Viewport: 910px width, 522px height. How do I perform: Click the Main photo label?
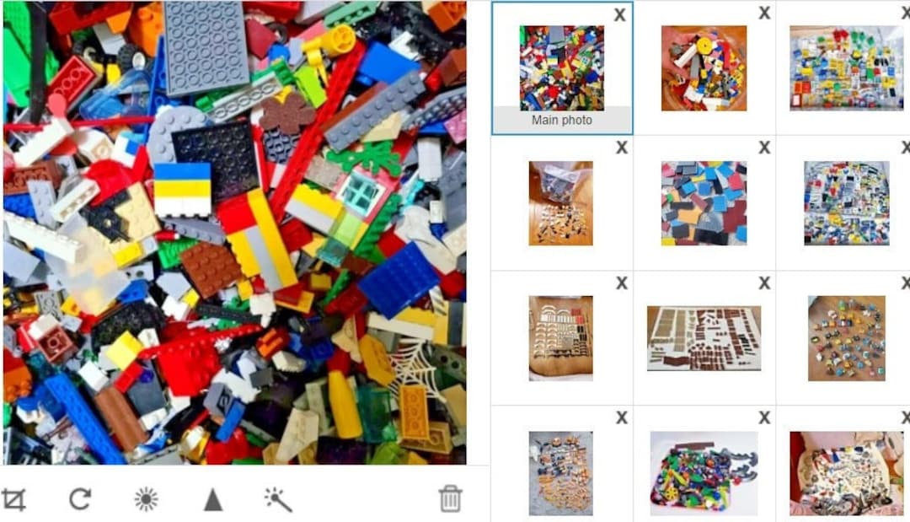click(x=562, y=120)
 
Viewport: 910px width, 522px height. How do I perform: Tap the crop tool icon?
click(x=13, y=499)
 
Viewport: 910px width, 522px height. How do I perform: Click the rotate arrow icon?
click(x=80, y=499)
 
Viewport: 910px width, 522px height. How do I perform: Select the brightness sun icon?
click(x=147, y=499)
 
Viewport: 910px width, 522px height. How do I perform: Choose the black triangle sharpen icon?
click(x=213, y=499)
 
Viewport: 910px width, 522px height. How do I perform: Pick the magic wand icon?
click(x=278, y=499)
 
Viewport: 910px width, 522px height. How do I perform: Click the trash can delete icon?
click(x=451, y=498)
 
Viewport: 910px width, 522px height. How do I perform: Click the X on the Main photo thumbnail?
click(x=619, y=14)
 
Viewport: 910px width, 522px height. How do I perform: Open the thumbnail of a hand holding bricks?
click(x=704, y=67)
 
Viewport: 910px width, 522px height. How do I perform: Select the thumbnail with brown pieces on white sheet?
click(x=704, y=337)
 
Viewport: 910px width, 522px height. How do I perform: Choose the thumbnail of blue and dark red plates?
click(x=704, y=202)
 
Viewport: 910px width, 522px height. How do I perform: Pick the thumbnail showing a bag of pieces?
click(x=560, y=202)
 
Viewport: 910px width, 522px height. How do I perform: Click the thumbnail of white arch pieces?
click(x=560, y=337)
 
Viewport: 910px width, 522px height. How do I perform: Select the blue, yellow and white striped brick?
click(x=182, y=189)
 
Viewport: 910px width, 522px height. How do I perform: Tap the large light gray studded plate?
click(x=206, y=46)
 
